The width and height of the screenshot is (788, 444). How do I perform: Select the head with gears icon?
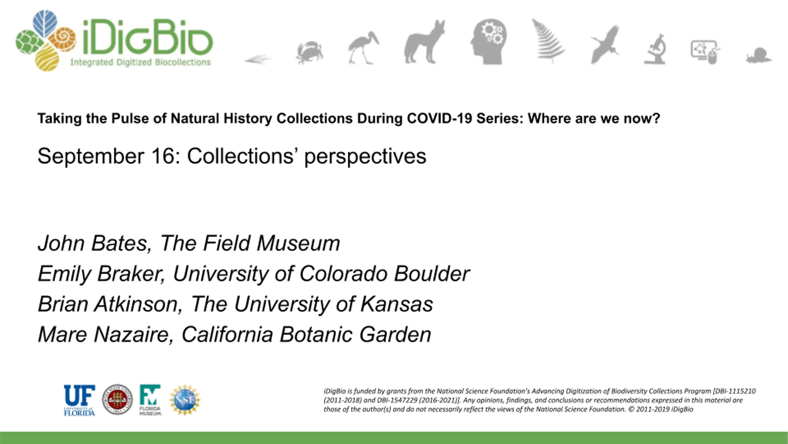click(x=488, y=41)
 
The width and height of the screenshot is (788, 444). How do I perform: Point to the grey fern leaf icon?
click(x=548, y=40)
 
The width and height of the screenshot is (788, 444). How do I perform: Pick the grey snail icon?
click(x=759, y=55)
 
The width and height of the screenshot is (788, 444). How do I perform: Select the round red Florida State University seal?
click(x=117, y=399)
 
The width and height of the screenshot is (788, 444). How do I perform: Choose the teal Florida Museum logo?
click(x=150, y=400)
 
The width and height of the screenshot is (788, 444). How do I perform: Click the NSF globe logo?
click(x=185, y=400)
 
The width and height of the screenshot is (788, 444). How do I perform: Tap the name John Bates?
click(x=93, y=243)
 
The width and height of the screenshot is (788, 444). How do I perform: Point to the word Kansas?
click(x=397, y=304)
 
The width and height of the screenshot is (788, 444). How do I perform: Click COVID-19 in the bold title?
click(x=439, y=118)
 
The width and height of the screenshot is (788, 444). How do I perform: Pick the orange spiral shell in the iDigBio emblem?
click(x=64, y=39)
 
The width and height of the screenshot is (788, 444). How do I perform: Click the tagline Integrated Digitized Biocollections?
click(x=141, y=62)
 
